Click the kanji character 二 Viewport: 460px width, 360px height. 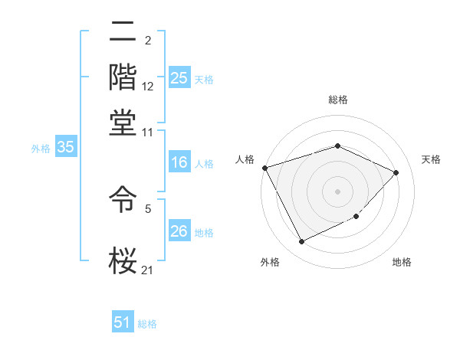tap(123, 33)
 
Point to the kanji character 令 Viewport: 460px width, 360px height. tap(123, 201)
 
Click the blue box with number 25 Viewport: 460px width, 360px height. tap(179, 77)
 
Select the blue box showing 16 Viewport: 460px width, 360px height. tap(179, 162)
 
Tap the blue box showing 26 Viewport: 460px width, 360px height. tap(179, 231)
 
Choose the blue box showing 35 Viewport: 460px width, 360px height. tap(65, 148)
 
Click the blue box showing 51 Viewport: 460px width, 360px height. tap(123, 322)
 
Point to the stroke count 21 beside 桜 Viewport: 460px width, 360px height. tap(148, 270)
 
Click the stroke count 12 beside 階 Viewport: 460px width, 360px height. tap(148, 87)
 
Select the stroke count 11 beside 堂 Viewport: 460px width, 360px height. tap(148, 132)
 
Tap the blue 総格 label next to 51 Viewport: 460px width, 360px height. tap(147, 324)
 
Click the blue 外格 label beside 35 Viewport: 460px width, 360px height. tap(41, 149)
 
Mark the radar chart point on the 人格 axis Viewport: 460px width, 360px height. tap(264, 168)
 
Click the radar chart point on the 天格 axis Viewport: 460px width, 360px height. tap(396, 172)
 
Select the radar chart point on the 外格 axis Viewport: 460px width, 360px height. tap(301, 242)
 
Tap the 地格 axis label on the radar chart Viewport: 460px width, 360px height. tap(402, 263)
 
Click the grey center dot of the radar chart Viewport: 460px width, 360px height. tap(337, 191)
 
